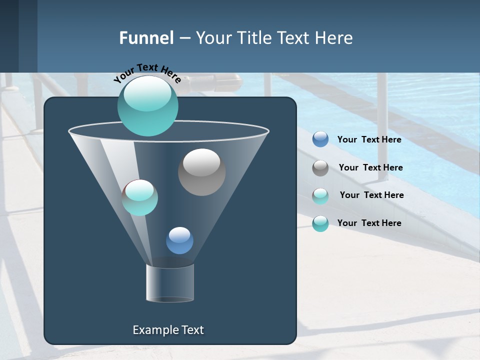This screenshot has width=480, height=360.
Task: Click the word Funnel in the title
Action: pyautogui.click(x=146, y=38)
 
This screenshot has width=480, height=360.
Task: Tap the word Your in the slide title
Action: pyautogui.click(x=214, y=38)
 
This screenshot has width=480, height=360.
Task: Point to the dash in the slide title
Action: pyautogui.click(x=184, y=38)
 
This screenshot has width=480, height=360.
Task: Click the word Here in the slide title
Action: pyautogui.click(x=334, y=38)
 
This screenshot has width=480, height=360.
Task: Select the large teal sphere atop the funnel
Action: pyautogui.click(x=147, y=105)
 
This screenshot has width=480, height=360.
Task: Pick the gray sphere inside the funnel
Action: pyautogui.click(x=201, y=172)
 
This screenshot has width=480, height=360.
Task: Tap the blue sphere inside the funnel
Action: pyautogui.click(x=179, y=240)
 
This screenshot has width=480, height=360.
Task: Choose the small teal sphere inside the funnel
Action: pyautogui.click(x=139, y=197)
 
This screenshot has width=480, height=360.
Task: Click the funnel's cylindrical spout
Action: pyautogui.click(x=170, y=283)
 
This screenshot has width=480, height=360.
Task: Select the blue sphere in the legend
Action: pyautogui.click(x=320, y=139)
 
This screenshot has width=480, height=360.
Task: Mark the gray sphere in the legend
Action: pyautogui.click(x=320, y=168)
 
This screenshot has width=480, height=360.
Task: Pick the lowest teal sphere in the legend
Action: pyautogui.click(x=320, y=223)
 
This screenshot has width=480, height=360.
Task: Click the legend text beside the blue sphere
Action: pyautogui.click(x=369, y=139)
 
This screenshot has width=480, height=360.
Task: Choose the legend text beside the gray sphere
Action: pyautogui.click(x=370, y=167)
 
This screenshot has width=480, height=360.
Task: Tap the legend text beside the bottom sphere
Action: pyautogui.click(x=369, y=223)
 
